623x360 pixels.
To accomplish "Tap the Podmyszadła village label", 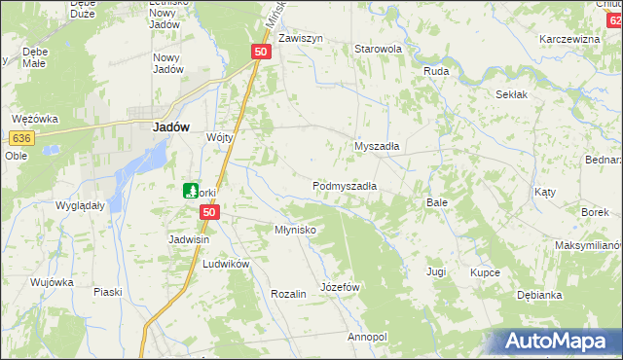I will pos(345,185).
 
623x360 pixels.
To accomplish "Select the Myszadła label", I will pos(379,146).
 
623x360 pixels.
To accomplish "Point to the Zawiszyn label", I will pos(301,39).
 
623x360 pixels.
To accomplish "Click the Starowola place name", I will pos(379,49).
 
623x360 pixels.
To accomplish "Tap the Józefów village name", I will pos(341,287).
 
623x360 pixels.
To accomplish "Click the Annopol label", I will pos(367,337).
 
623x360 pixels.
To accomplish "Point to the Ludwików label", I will pos(226,264).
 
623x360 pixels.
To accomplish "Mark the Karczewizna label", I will pos(569,39).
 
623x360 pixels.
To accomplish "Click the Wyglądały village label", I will pos(80,206).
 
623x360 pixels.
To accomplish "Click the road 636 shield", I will pos(24,139).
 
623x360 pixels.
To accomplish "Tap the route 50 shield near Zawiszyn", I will pos(260,53).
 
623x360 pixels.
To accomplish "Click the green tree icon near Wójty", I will pos(192,191).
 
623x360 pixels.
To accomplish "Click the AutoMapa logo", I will pos(552,341).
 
